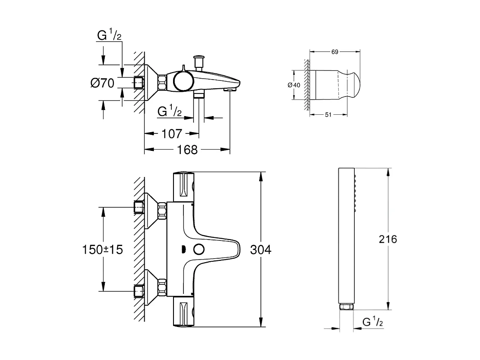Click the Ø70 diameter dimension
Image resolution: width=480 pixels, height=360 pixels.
(x=103, y=82)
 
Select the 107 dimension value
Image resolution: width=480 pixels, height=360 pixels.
(x=171, y=133)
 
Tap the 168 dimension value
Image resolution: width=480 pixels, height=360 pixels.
(x=187, y=150)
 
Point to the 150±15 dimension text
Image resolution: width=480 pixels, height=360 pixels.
(x=103, y=250)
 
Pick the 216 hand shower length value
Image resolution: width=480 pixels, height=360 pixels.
(x=388, y=239)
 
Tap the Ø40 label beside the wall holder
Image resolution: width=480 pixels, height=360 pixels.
(x=294, y=85)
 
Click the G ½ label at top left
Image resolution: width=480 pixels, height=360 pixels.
(x=109, y=36)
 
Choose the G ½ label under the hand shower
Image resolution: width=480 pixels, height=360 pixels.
(x=373, y=322)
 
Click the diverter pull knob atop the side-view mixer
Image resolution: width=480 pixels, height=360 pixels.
(x=200, y=57)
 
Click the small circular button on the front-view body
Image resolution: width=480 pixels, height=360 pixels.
(x=200, y=250)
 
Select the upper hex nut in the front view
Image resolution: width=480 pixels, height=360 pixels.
(x=162, y=211)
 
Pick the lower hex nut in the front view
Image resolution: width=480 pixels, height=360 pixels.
(x=162, y=287)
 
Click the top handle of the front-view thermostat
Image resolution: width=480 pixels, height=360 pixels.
(x=184, y=186)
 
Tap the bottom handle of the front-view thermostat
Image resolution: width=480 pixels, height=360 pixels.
(x=184, y=312)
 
